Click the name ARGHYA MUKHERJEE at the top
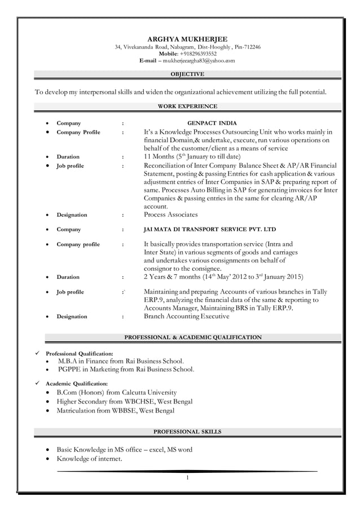tap(187, 39)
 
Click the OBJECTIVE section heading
tap(187, 74)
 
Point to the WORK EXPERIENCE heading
tap(187, 106)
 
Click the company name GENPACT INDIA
tap(212, 123)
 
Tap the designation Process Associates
tap(170, 215)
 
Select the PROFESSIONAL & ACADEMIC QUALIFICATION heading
tap(192, 337)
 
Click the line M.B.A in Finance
tap(120, 361)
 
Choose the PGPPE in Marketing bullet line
tap(125, 370)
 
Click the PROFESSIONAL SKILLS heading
tap(187, 432)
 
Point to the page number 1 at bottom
tap(187, 478)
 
